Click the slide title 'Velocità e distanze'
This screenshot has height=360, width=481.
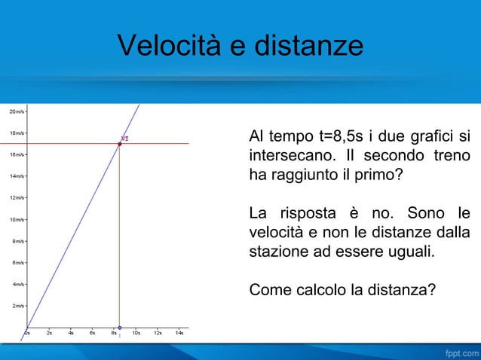coord(240,47)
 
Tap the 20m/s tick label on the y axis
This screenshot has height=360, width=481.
coord(16,111)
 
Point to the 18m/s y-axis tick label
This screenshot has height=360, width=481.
coord(16,133)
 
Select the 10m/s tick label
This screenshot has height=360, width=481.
coord(16,220)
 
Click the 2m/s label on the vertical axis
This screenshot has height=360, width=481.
coord(16,307)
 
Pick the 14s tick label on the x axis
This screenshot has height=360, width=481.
coord(179,332)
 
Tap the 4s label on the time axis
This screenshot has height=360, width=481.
coord(71,332)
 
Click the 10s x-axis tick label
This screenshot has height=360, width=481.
coord(136,332)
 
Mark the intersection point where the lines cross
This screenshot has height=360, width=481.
coord(119,143)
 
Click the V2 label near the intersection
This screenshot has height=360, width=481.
coord(125,138)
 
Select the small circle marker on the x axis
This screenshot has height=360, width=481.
coord(119,328)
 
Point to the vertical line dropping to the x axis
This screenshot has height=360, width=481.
coord(119,241)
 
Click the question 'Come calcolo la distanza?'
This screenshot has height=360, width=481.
coord(342,288)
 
